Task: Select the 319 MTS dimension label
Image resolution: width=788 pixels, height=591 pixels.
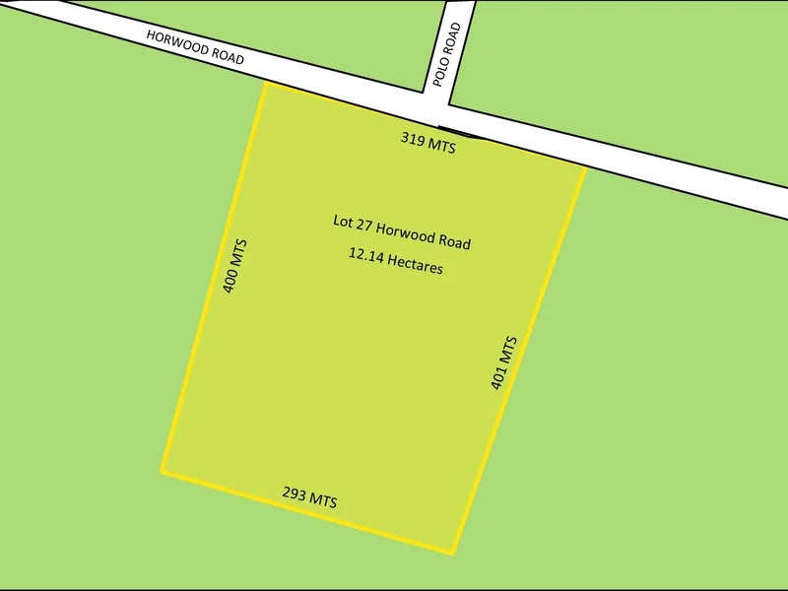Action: [428, 144]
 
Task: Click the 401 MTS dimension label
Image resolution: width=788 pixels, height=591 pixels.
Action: [503, 363]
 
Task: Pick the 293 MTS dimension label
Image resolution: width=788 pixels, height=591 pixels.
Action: [309, 496]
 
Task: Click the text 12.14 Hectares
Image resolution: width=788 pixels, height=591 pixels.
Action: [395, 260]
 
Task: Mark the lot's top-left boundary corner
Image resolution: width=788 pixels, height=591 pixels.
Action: [266, 84]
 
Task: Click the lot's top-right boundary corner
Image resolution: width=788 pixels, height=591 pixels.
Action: [586, 168]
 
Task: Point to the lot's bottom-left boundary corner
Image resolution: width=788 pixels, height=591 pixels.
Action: [162, 472]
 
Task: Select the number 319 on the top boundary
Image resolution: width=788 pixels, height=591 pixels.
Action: [414, 140]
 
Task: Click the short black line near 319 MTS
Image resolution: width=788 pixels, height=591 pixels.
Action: [461, 132]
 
